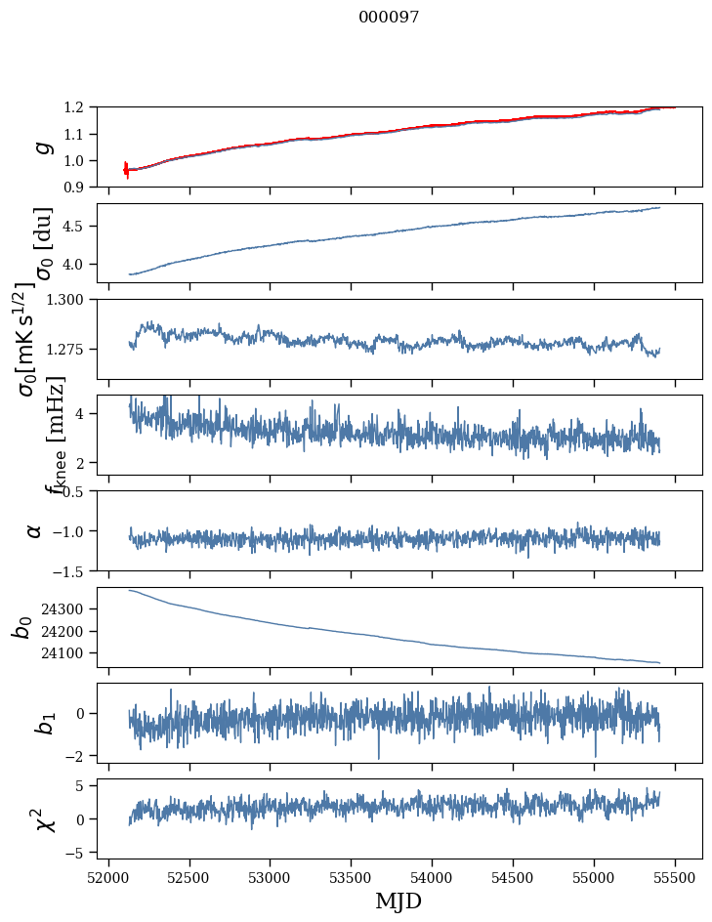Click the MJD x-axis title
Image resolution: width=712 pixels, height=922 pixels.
tap(399, 901)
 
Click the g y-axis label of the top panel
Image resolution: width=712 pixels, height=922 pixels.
tap(41, 147)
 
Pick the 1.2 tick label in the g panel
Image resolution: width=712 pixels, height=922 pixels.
tap(81, 107)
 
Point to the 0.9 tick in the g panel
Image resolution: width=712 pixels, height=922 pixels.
tap(81, 187)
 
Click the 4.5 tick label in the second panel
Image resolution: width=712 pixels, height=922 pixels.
tap(81, 227)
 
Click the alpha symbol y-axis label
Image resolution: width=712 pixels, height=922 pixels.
tap(35, 530)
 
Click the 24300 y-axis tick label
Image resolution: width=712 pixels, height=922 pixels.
tap(69, 608)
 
